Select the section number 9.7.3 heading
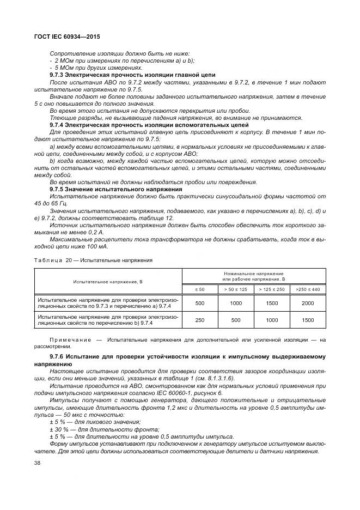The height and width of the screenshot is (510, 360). click(58, 75)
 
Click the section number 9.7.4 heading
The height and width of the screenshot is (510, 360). click(58, 125)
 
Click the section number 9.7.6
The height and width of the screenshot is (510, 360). click(58, 357)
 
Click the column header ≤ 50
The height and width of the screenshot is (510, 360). click(200, 289)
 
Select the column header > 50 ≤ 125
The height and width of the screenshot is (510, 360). click(235, 289)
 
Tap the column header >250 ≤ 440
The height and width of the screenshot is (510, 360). click(308, 289)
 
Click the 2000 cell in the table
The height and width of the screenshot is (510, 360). click(308, 303)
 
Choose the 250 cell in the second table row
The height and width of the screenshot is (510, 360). click(200, 320)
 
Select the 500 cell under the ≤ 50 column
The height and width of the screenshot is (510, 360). click(200, 303)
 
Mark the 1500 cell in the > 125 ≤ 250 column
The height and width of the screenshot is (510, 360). click(271, 303)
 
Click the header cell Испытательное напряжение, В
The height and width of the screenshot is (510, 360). click(107, 282)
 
